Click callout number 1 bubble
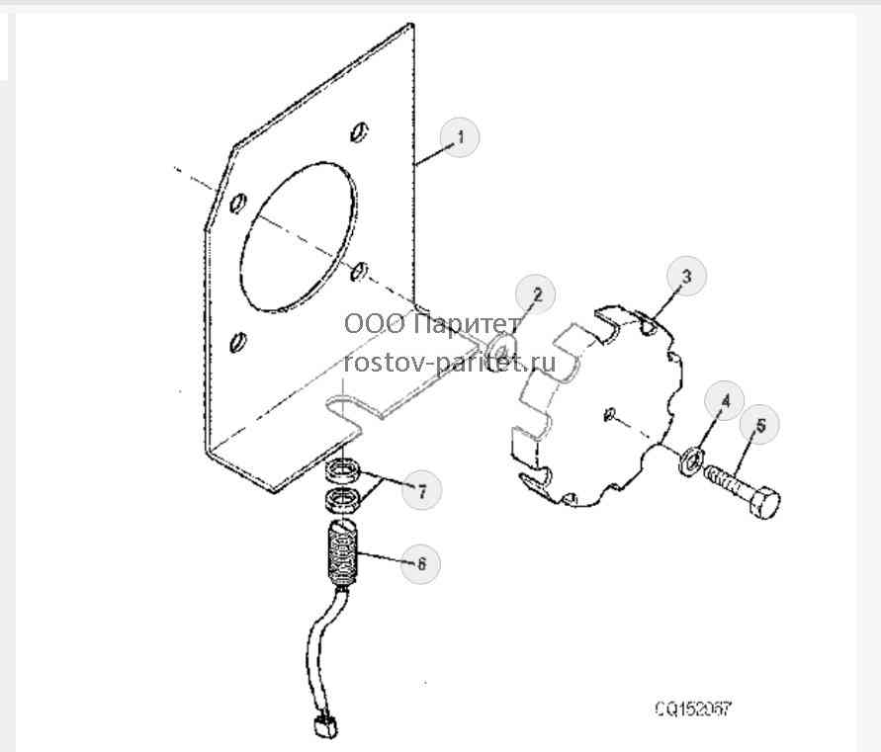tap(460, 137)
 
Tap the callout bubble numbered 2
tap(536, 294)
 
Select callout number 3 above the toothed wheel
tap(686, 277)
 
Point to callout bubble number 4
tap(725, 401)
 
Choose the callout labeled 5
tap(759, 425)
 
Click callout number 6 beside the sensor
tap(421, 564)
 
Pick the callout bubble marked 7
tap(422, 490)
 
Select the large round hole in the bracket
tap(299, 236)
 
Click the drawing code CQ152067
tap(694, 709)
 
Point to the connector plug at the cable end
tap(324, 725)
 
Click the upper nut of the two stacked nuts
tap(342, 470)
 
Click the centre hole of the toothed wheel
tap(610, 414)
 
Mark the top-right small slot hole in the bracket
tap(359, 132)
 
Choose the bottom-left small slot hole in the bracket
tap(238, 342)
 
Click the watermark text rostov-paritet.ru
tap(450, 363)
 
